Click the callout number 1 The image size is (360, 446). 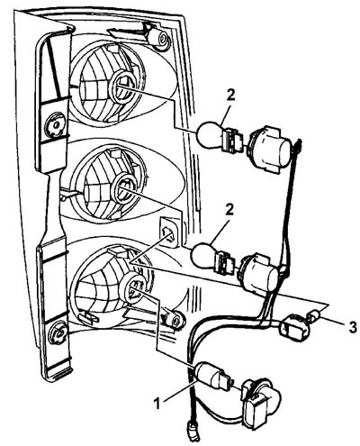(x=157, y=403)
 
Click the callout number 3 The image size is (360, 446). (x=353, y=327)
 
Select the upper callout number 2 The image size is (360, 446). (x=231, y=96)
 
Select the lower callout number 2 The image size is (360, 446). (x=229, y=210)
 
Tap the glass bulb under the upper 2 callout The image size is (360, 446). (x=211, y=134)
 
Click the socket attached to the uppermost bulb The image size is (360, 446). (x=269, y=147)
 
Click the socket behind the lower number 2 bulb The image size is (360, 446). (x=261, y=273)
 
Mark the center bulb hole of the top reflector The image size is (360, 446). (x=122, y=86)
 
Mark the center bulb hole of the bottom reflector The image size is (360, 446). (x=134, y=289)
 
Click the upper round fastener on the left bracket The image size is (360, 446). (x=55, y=125)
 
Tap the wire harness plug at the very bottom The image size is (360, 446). (x=193, y=432)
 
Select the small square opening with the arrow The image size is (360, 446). (x=168, y=232)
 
